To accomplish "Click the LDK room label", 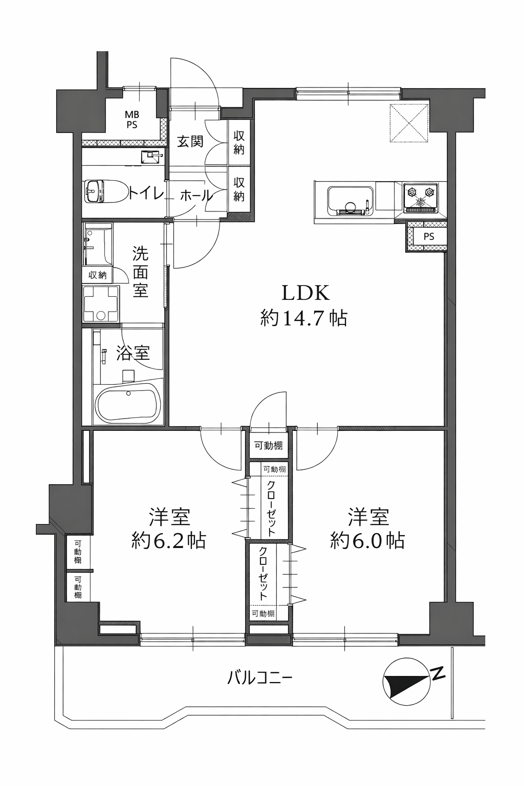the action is (x=305, y=293).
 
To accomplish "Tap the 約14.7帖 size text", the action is (x=304, y=319).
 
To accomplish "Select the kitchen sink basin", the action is (x=350, y=201).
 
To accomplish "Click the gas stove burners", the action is (x=420, y=198).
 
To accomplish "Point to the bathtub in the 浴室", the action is (x=126, y=403).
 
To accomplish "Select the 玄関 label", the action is (x=190, y=141).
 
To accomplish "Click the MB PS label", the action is (x=132, y=119).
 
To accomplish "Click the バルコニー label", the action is (x=259, y=678).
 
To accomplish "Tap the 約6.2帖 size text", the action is (x=169, y=540).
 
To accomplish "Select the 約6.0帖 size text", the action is (x=367, y=540).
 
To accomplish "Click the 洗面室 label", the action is (x=140, y=272).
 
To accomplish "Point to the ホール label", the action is (x=196, y=195).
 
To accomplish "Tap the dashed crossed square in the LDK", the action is (x=409, y=123).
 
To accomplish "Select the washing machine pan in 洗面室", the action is (x=101, y=304).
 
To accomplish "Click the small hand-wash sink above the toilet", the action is (x=151, y=157).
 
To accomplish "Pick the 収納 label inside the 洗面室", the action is (x=97, y=275).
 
